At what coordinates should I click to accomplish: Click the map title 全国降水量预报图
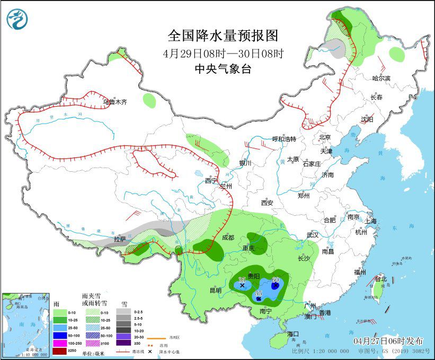coord(223,36)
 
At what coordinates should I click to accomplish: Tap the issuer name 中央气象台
coord(223,68)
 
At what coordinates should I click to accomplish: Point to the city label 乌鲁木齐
coord(114,102)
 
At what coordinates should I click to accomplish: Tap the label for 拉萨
coord(120,239)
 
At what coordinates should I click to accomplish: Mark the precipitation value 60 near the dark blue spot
coord(275,279)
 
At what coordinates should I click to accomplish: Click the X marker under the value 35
coord(243,285)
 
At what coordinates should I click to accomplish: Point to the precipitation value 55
coord(259,293)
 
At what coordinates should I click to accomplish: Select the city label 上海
coord(370,221)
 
